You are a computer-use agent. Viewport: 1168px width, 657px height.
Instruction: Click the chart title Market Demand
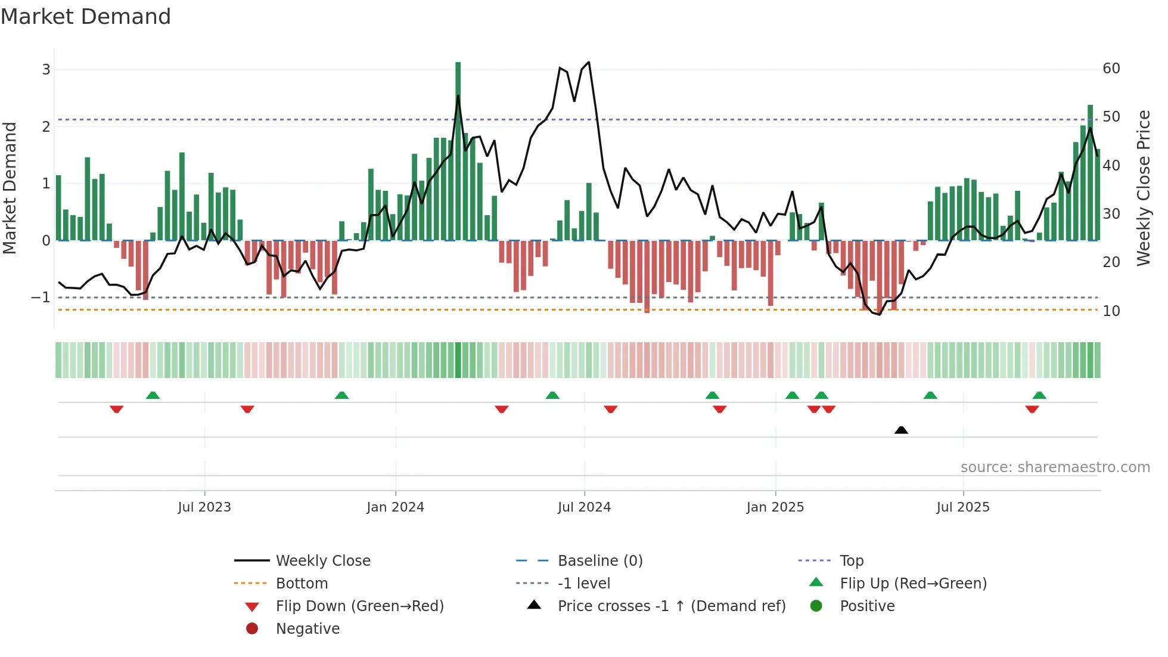[86, 17]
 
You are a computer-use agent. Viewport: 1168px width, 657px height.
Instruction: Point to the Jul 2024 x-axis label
[584, 507]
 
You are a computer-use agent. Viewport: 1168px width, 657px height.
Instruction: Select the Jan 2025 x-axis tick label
[775, 507]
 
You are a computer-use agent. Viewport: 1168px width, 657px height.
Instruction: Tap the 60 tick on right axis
[1111, 69]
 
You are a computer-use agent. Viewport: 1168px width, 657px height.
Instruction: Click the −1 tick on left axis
[41, 297]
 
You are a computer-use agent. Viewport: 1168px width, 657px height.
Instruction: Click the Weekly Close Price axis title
[1143, 188]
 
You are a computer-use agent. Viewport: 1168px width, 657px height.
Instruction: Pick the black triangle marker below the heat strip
[901, 430]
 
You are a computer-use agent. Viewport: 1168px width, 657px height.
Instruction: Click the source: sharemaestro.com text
[1055, 467]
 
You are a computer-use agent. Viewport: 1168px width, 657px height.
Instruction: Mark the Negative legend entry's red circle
[252, 628]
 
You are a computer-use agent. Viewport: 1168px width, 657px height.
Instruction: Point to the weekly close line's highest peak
[589, 62]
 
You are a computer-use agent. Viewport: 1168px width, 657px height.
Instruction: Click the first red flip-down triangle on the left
[117, 409]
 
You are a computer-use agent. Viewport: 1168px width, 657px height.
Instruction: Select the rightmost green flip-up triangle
[1039, 395]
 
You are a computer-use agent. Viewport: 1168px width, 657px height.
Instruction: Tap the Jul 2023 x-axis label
[204, 507]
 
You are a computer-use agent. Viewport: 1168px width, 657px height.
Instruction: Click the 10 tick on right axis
[1111, 311]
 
